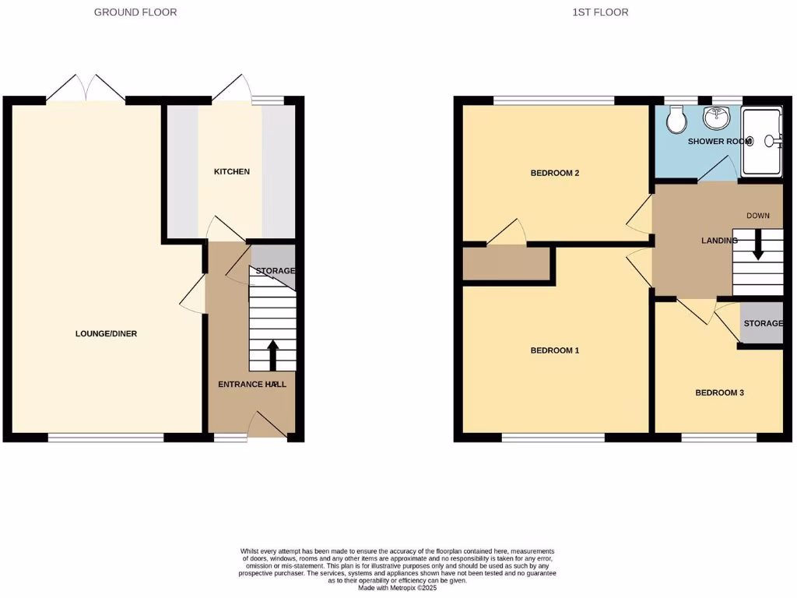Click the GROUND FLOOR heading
tap(135, 12)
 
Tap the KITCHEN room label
tap(232, 171)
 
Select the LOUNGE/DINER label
tap(106, 334)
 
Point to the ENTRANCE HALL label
tap(251, 385)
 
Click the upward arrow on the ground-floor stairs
tap(272, 354)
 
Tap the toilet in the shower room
tap(676, 120)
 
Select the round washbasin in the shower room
tap(716, 118)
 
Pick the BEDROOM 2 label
tap(555, 173)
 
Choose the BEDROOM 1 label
tap(555, 350)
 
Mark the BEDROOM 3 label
tap(719, 393)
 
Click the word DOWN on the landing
tap(758, 216)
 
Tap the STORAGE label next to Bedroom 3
tap(763, 324)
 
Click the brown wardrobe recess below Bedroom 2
tap(507, 264)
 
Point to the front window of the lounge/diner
tap(106, 438)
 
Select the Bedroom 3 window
tap(719, 438)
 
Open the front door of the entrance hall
tap(266, 425)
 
